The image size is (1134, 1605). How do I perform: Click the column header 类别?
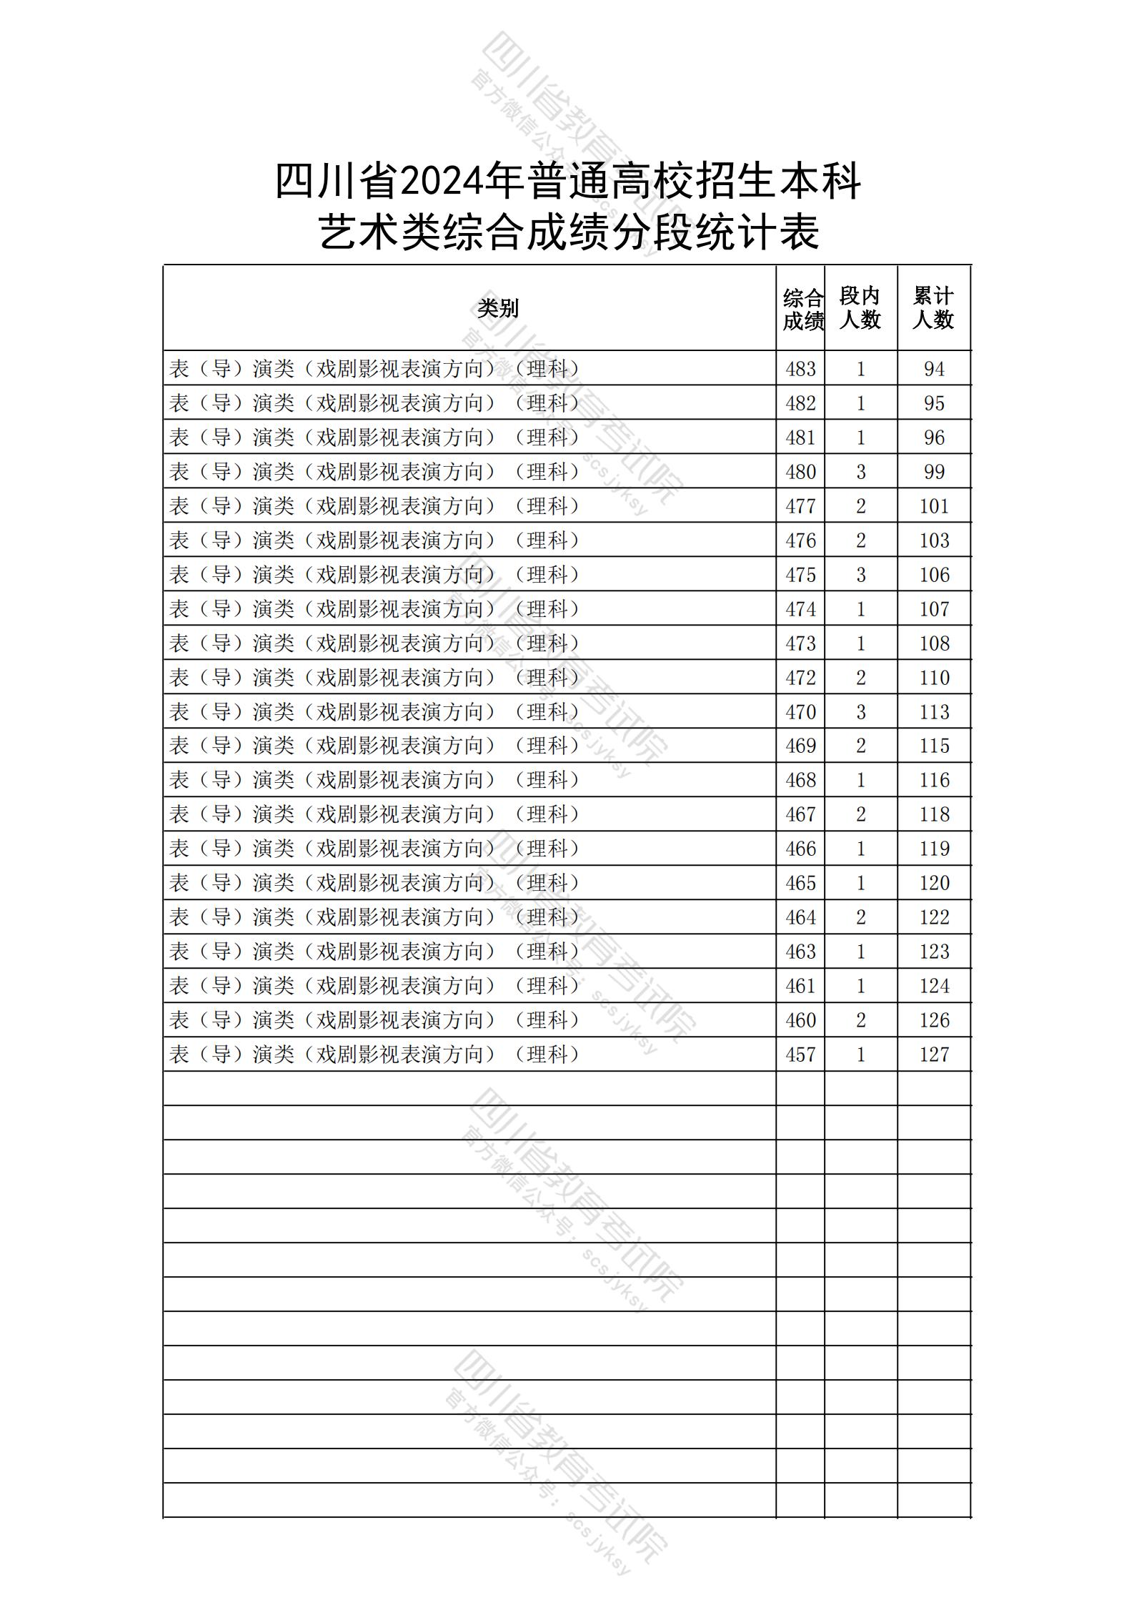point(498,309)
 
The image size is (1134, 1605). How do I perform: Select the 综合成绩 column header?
point(802,310)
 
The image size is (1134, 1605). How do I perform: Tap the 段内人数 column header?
point(860,308)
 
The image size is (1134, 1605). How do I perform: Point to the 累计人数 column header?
point(933,308)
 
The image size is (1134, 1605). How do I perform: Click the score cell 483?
point(800,369)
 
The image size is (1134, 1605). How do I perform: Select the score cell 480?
point(800,472)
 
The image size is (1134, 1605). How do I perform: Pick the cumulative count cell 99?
point(934,472)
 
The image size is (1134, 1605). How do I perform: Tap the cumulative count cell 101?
point(934,506)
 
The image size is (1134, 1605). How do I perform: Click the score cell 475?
point(800,575)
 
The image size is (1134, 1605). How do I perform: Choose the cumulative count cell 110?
point(934,678)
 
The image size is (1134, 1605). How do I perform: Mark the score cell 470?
point(800,712)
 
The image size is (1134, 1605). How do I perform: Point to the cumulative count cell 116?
point(934,780)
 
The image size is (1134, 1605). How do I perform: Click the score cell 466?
point(800,849)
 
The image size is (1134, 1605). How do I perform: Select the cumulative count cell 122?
point(934,917)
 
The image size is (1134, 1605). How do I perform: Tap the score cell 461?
point(800,986)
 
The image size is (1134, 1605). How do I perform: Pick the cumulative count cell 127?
point(934,1055)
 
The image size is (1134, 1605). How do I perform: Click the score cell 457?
point(800,1055)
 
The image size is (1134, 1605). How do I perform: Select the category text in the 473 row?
point(374,643)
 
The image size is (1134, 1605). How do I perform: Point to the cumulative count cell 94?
point(934,369)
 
